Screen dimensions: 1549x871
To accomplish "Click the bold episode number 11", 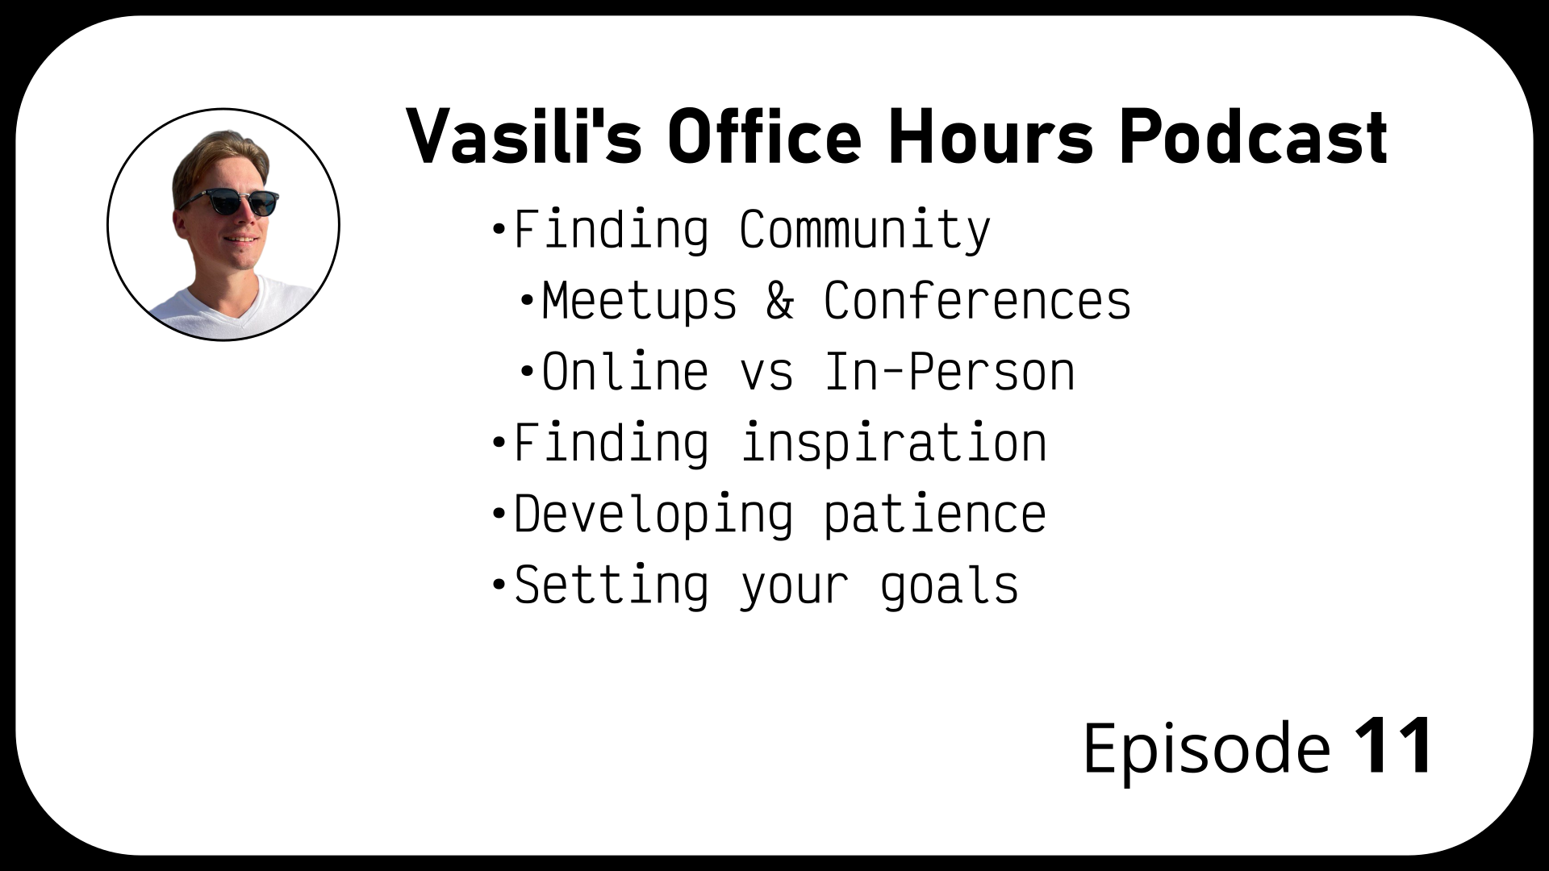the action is click(x=1393, y=747).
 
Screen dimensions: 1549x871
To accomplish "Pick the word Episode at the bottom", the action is click(x=1206, y=748).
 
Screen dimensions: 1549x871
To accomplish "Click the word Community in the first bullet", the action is click(x=865, y=231).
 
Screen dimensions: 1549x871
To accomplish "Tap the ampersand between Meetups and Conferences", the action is click(x=779, y=302).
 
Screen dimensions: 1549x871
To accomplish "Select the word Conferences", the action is click(x=977, y=302).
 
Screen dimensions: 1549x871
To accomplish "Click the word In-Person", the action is click(x=950, y=373).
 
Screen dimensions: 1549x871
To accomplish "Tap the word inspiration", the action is click(x=893, y=444).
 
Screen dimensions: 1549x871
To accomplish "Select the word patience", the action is click(x=935, y=515).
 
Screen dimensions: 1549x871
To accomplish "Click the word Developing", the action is click(x=653, y=515).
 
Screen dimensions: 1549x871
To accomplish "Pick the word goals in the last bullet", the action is click(x=950, y=586).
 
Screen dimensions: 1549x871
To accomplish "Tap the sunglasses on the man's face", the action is click(x=228, y=201).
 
